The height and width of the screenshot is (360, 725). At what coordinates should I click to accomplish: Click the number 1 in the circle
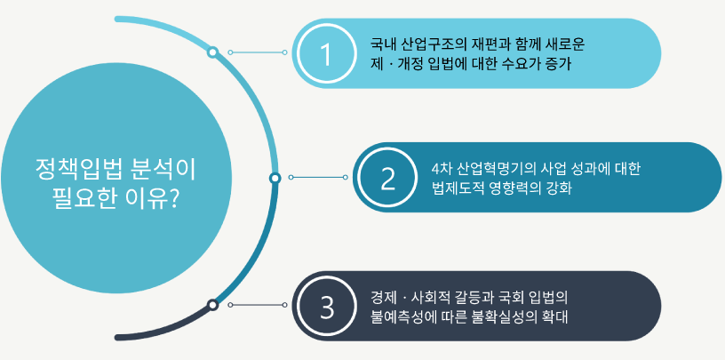(x=326, y=54)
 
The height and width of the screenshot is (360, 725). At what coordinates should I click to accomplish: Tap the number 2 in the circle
(x=388, y=179)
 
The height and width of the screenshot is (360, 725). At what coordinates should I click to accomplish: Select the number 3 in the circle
(x=327, y=308)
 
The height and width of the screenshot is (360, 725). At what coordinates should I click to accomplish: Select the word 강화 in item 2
(x=562, y=188)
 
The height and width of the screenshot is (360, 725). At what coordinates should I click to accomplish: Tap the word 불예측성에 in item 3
(x=396, y=317)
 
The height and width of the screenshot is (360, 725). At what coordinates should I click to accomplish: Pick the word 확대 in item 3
(x=557, y=317)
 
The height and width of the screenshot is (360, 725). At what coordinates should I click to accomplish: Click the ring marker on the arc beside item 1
(x=212, y=52)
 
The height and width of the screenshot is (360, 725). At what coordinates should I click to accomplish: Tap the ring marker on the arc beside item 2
(x=275, y=178)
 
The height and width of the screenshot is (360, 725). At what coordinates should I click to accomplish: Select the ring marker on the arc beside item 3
(x=212, y=305)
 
